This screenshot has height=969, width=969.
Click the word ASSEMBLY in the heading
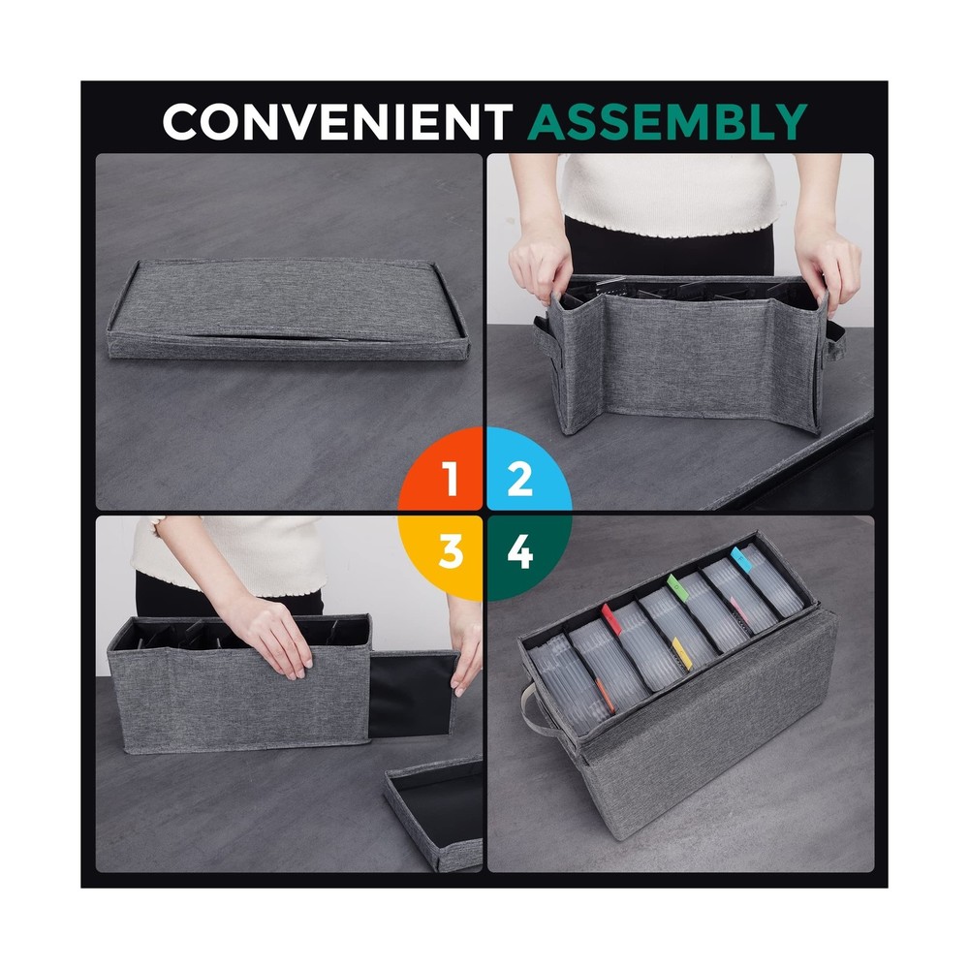pos(669,122)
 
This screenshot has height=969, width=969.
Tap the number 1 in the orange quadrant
pos(450,480)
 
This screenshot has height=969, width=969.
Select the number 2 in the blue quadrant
pos(519,480)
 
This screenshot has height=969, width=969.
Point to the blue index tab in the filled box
pos(741,556)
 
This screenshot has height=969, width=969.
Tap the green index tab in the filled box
pos(676,584)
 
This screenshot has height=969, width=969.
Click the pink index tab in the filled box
pos(736,609)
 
